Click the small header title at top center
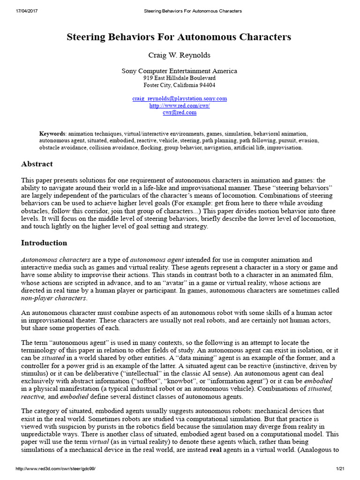tap(180, 11)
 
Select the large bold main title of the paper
tap(180, 37)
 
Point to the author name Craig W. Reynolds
tap(180, 55)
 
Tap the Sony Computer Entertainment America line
tap(180, 71)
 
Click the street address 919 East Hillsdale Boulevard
tap(180, 78)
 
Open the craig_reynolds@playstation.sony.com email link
tap(180, 98)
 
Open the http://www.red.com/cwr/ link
tap(180, 106)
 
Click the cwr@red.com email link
tap(180, 113)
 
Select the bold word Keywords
tap(52, 134)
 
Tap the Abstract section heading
tap(37, 164)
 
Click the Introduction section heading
tap(44, 243)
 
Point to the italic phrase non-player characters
tap(54, 298)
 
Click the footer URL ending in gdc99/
tap(55, 469)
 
